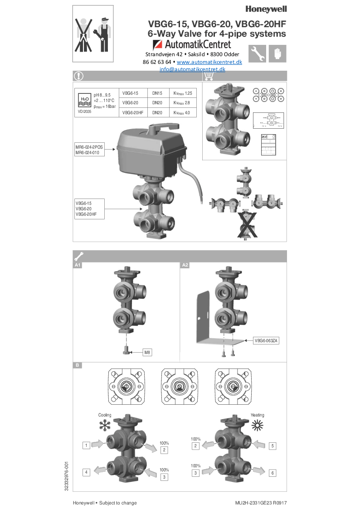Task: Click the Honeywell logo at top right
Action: (266, 9)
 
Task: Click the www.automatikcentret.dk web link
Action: (209, 62)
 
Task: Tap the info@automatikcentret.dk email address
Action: (192, 69)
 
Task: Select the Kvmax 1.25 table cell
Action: (183, 92)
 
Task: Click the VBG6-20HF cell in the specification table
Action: (133, 112)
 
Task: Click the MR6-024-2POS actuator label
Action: (89, 147)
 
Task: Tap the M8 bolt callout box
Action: (147, 352)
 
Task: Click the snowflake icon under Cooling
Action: (105, 425)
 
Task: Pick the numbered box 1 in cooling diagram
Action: (86, 446)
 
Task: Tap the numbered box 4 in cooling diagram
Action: (86, 472)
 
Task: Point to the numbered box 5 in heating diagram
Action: (272, 446)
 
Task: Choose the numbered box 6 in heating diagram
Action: (272, 473)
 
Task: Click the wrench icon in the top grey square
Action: (257, 53)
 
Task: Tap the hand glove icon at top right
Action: (277, 53)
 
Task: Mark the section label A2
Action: (185, 265)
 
